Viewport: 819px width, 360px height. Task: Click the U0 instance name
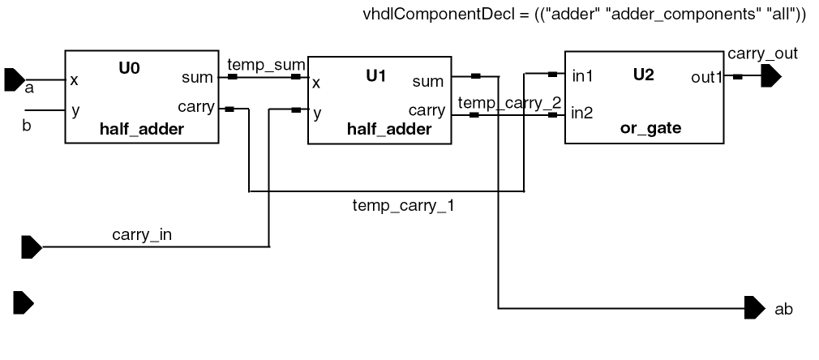coord(129,68)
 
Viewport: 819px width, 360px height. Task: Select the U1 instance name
coord(376,75)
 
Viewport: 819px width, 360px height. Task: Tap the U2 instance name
coord(643,75)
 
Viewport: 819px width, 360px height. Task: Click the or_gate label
coord(650,128)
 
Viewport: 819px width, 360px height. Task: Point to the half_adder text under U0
coord(142,128)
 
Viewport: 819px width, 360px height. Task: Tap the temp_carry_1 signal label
coord(403,205)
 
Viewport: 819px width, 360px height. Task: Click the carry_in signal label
coord(142,235)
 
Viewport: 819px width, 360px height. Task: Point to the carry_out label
coord(762,54)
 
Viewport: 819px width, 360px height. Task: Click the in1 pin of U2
coord(582,77)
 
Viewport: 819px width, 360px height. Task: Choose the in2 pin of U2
coord(582,113)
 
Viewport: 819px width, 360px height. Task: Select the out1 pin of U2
coord(706,77)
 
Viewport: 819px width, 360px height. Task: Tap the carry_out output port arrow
coord(771,77)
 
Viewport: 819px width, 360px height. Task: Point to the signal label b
coord(26,126)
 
